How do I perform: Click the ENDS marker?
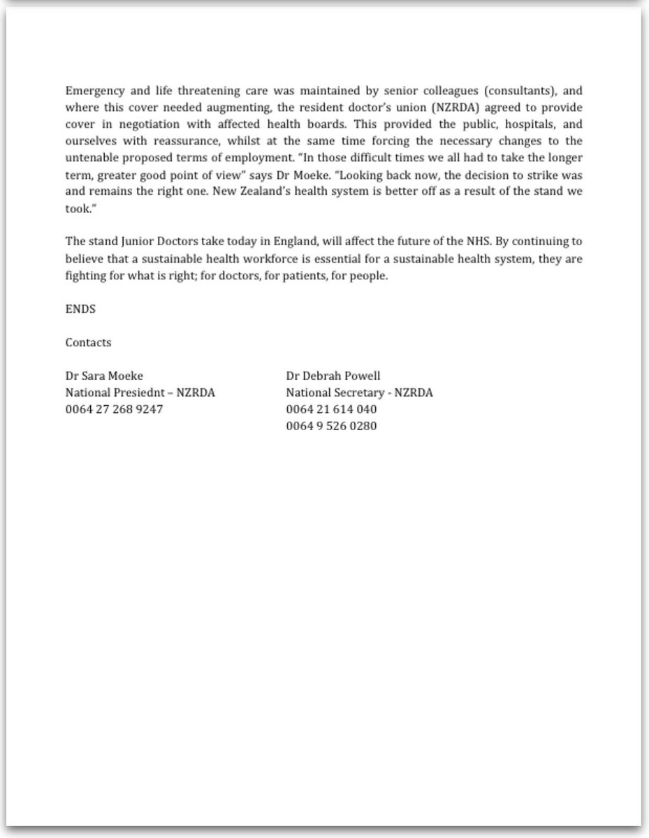click(80, 309)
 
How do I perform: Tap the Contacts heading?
click(88, 342)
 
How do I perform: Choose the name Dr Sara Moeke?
click(104, 376)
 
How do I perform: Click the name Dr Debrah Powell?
click(333, 376)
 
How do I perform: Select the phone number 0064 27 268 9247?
click(114, 409)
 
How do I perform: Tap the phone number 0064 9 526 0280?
click(331, 426)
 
